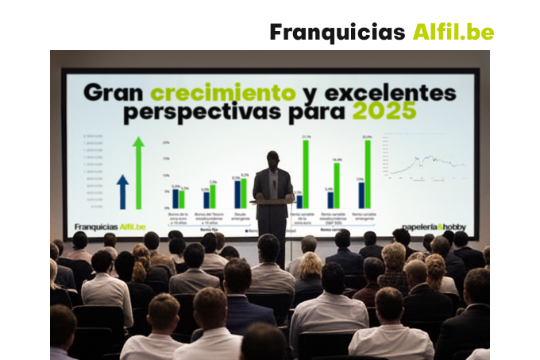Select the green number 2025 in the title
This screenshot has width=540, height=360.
[x=385, y=112]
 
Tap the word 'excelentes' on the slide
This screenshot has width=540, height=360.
[x=384, y=93]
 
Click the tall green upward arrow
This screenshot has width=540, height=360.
[x=138, y=172]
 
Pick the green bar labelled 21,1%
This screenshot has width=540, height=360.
[x=306, y=174]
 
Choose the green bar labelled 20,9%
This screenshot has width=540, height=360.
[x=367, y=174]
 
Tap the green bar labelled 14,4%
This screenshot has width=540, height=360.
[x=337, y=184]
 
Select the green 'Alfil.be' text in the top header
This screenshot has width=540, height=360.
[x=453, y=33]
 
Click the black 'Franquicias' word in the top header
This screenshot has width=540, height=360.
[x=337, y=33]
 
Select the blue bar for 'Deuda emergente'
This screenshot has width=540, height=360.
[x=237, y=194]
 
